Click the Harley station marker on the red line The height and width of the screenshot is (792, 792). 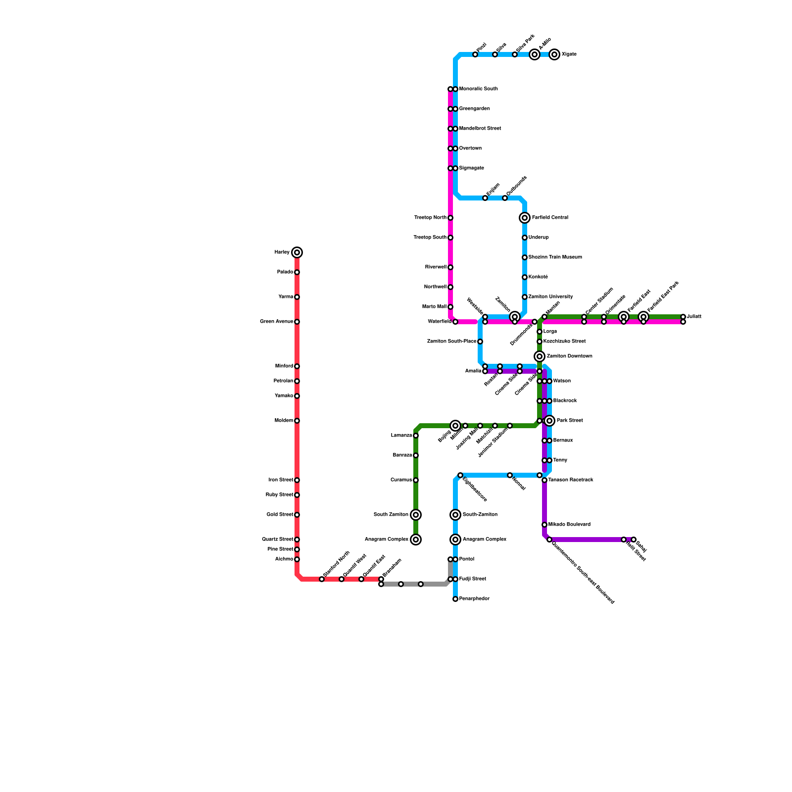297,252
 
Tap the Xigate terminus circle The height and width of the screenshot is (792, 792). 554,54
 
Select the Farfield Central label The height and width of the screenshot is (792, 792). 550,218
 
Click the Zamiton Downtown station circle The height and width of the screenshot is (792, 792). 540,356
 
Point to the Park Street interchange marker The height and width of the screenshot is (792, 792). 549,421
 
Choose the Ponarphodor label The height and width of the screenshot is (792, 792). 474,599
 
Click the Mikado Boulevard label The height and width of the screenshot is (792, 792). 569,525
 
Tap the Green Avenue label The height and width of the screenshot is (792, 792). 276,322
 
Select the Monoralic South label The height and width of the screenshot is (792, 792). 478,89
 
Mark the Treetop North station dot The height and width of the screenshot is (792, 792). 450,218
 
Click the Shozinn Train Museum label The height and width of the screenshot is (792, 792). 555,257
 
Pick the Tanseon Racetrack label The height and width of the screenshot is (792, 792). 570,480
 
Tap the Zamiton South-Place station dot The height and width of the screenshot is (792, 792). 480,342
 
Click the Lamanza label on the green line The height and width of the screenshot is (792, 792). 401,436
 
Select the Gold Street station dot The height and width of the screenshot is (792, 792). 297,515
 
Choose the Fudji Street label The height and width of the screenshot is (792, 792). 472,579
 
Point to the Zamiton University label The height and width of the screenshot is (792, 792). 550,297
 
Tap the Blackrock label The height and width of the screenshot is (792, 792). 565,401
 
